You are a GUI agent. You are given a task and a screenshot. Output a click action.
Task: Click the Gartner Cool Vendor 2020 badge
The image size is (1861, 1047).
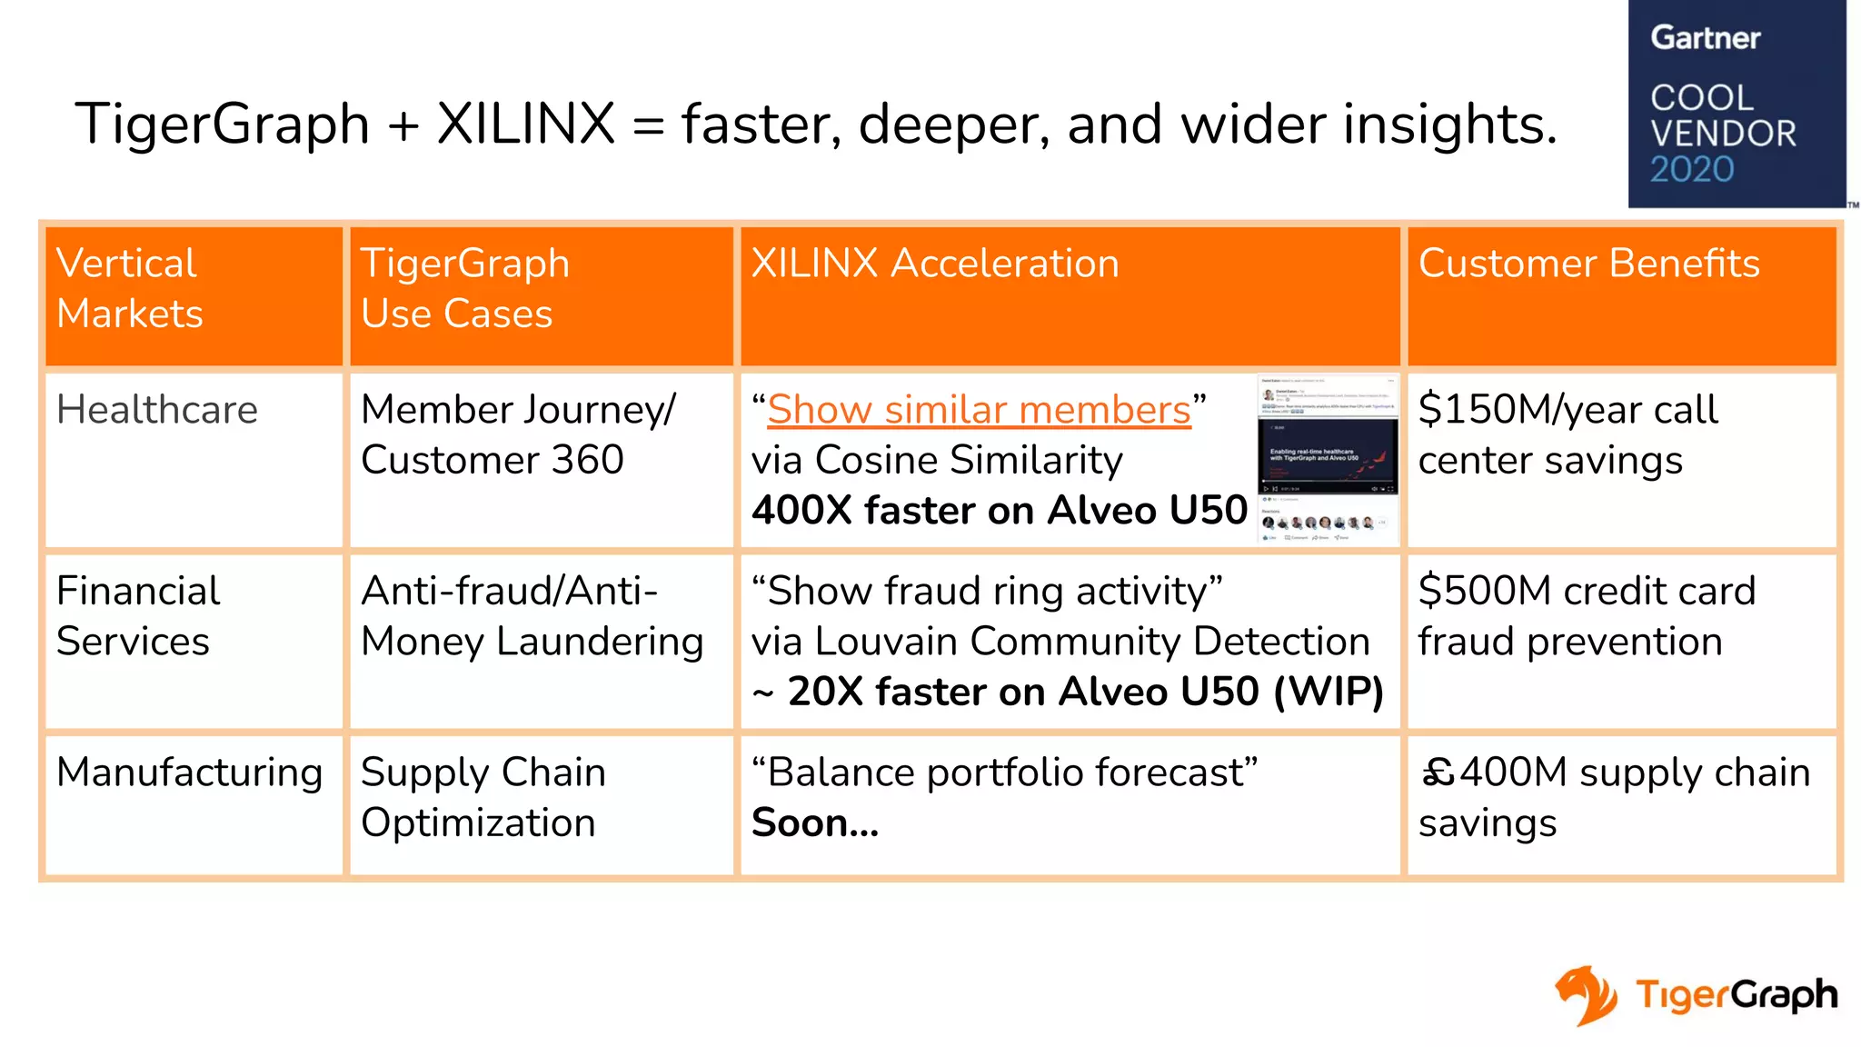click(x=1736, y=104)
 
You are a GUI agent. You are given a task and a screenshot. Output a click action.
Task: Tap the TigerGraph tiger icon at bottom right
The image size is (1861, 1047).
click(x=1586, y=995)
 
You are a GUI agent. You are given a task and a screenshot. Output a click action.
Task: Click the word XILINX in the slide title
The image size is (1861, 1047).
click(x=525, y=124)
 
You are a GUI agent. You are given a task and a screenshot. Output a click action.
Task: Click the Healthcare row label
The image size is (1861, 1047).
click(x=157, y=410)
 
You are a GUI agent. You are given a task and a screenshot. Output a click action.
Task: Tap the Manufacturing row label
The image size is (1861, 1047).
click(x=189, y=773)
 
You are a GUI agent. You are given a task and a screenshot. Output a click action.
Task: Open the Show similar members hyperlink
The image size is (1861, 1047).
click(x=979, y=410)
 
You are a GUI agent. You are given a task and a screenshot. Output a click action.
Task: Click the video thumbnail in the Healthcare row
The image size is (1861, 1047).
click(x=1328, y=459)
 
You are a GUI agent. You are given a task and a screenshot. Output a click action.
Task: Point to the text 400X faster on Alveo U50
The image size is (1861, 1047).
click(x=999, y=511)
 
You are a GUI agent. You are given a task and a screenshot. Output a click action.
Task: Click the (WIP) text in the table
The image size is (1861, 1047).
click(x=1329, y=692)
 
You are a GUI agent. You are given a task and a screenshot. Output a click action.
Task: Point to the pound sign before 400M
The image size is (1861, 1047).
click(x=1438, y=773)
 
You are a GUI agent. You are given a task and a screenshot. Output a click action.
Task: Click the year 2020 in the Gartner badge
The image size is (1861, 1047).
click(x=1692, y=170)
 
